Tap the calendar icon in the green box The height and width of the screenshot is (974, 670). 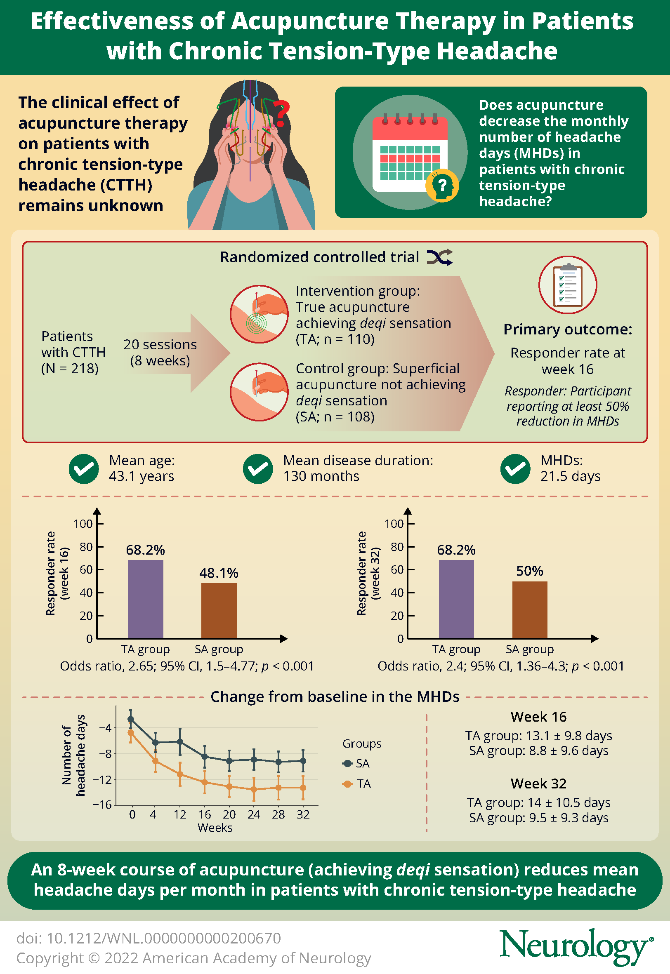(x=410, y=153)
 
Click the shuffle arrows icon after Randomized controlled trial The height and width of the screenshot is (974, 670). (x=439, y=257)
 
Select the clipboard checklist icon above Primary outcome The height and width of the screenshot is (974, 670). (x=568, y=285)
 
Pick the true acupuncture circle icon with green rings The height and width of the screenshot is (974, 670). (x=259, y=314)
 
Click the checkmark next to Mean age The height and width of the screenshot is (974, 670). (x=84, y=468)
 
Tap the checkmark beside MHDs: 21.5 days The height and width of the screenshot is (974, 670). (x=515, y=468)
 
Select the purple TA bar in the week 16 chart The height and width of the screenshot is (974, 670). (x=145, y=599)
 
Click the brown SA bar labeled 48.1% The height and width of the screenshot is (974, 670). (x=219, y=610)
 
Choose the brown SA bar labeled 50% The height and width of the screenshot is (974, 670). (x=529, y=609)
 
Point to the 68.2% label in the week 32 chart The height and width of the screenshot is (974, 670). (x=456, y=550)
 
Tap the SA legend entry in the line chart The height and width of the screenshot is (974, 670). (x=356, y=763)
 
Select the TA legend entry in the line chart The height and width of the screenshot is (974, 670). (x=357, y=783)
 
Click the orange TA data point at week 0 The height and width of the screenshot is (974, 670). (x=130, y=732)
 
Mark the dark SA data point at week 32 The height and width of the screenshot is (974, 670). (x=303, y=760)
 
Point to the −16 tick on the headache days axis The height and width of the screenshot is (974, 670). (x=102, y=804)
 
